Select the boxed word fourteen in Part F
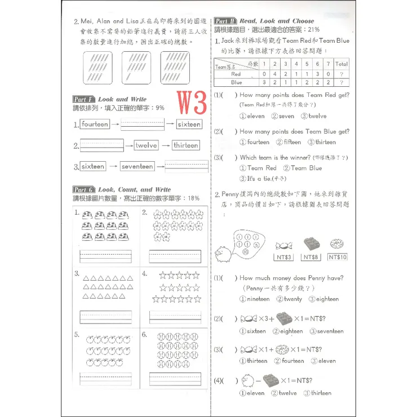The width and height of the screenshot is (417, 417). [95, 124]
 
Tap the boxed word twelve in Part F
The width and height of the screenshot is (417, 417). [147, 145]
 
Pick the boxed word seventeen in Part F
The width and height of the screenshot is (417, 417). [137, 166]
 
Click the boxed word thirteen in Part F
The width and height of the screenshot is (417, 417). [185, 145]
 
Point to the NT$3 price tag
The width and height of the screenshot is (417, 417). [283, 257]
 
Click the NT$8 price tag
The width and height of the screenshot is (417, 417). [312, 257]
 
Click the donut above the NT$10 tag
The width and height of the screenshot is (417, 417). [338, 244]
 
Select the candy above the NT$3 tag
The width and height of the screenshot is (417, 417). [283, 245]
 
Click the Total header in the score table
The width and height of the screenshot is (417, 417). [341, 64]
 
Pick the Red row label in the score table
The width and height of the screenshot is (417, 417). [236, 74]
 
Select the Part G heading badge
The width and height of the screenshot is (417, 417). [84, 190]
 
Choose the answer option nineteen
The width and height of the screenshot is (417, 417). [255, 299]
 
